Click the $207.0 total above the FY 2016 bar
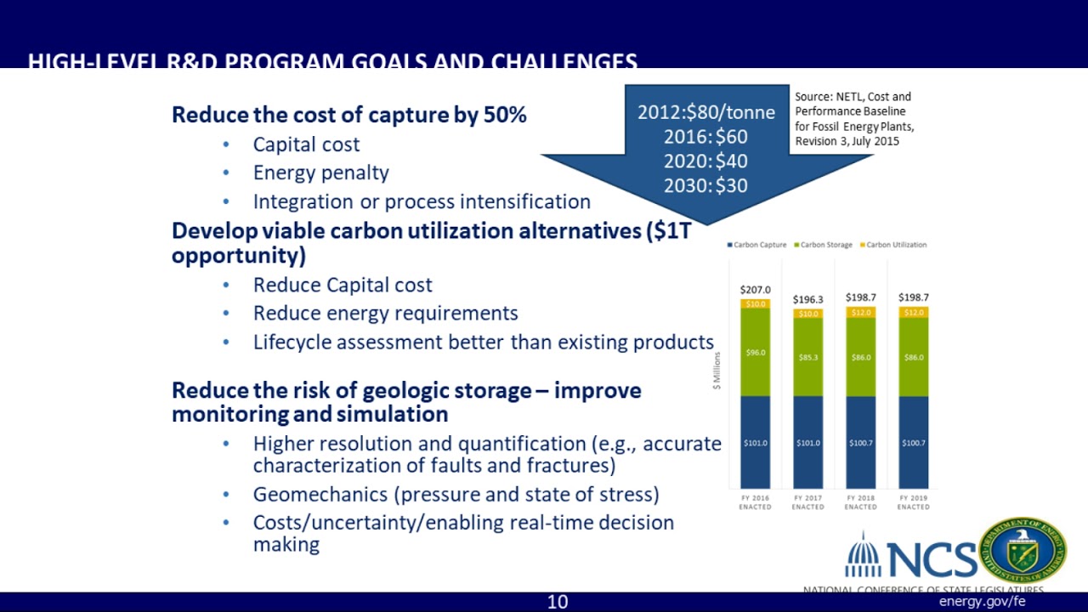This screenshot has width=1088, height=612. [x=755, y=290]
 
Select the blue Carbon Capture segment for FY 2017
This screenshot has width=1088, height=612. [x=807, y=442]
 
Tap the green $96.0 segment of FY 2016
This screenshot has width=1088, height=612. [x=755, y=352]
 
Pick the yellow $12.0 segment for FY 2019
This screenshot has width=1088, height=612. [x=913, y=313]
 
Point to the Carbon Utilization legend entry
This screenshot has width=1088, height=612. [x=893, y=245]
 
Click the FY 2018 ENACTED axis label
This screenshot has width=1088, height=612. [x=860, y=501]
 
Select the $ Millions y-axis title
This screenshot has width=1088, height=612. [x=717, y=371]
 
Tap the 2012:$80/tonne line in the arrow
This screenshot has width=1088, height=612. [x=705, y=112]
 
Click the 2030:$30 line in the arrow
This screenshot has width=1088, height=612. [x=705, y=185]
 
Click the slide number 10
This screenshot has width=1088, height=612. [x=557, y=602]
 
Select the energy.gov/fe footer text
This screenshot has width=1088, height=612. [x=982, y=602]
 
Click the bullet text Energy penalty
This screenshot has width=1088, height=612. [x=320, y=173]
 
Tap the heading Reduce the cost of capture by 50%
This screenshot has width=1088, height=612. [x=348, y=115]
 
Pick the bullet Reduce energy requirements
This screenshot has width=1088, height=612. [x=385, y=313]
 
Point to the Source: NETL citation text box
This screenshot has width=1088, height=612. [x=853, y=119]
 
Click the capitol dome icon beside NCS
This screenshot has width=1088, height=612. [x=863, y=557]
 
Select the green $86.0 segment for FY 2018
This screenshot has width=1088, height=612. [x=860, y=357]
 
